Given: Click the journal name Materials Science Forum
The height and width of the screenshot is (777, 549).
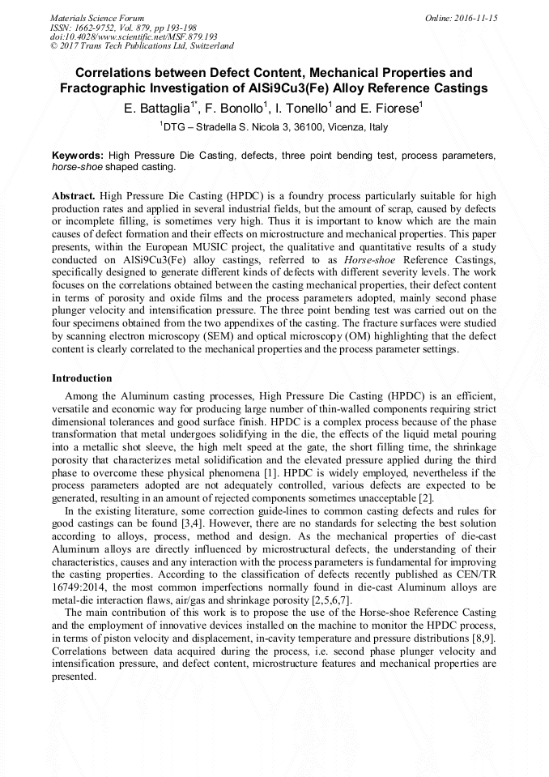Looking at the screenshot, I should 97,18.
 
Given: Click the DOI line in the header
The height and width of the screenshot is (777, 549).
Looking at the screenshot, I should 134,37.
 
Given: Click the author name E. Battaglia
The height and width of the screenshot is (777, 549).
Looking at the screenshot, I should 158,108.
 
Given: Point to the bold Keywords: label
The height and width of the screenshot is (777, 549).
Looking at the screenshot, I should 78,155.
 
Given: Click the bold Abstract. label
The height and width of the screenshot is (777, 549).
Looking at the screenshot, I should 74,196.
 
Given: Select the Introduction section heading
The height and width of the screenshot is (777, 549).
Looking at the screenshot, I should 82,378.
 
